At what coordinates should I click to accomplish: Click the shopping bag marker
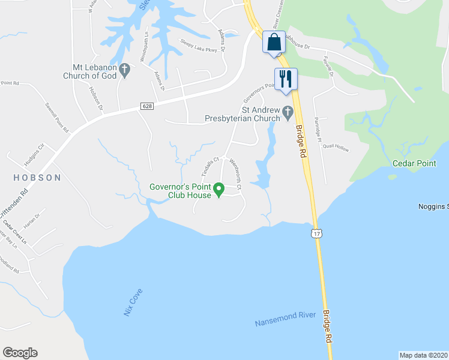274,43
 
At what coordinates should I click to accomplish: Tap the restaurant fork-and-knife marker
285,79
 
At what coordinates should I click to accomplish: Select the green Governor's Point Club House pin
219,191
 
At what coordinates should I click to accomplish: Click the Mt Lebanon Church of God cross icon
124,70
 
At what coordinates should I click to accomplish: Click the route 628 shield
146,106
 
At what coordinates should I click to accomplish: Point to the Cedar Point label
414,163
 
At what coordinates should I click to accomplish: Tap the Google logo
20,353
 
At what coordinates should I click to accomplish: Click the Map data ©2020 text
423,355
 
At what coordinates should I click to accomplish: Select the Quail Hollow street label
336,146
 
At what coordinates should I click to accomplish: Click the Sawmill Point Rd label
58,116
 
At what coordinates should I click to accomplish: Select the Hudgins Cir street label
35,155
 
